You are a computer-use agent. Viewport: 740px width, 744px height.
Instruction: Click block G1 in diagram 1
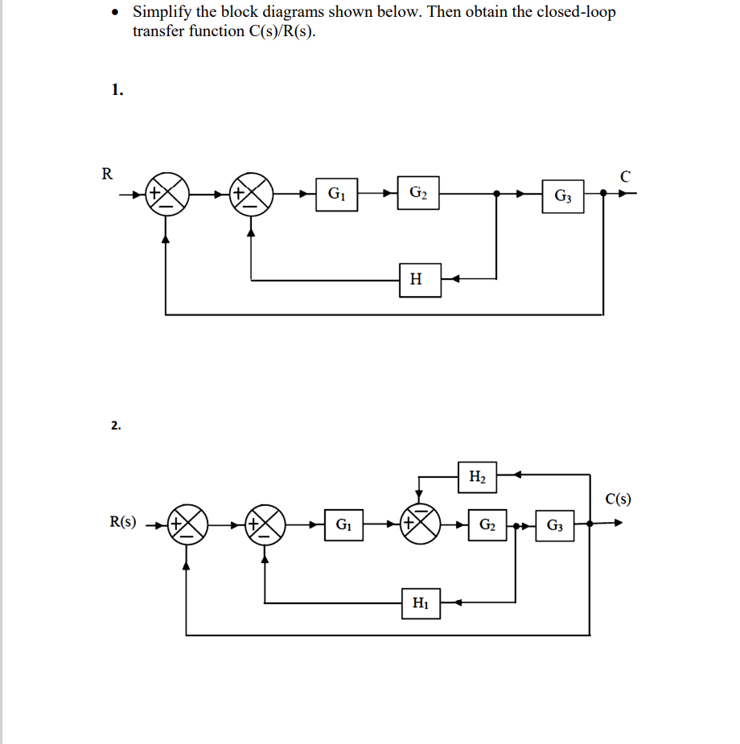click(x=337, y=194)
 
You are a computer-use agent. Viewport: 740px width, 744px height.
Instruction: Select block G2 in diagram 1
click(x=417, y=193)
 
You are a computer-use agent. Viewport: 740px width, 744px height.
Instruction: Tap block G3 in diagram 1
click(x=562, y=195)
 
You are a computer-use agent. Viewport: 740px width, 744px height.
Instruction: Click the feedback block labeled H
click(x=416, y=280)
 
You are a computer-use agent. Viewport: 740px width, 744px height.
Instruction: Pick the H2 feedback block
click(x=476, y=477)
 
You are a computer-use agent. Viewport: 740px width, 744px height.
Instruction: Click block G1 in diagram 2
click(x=343, y=526)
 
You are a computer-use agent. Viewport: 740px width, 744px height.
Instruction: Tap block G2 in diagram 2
click(x=487, y=526)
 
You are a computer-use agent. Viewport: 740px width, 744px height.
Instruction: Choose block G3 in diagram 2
click(x=554, y=526)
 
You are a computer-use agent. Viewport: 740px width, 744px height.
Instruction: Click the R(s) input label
click(x=123, y=522)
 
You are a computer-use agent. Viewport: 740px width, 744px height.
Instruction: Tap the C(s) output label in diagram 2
click(x=618, y=499)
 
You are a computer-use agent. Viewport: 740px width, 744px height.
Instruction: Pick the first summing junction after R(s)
click(x=187, y=525)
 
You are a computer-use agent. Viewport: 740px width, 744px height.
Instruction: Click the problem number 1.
click(x=117, y=90)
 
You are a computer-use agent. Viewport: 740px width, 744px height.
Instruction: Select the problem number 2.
click(x=117, y=425)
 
